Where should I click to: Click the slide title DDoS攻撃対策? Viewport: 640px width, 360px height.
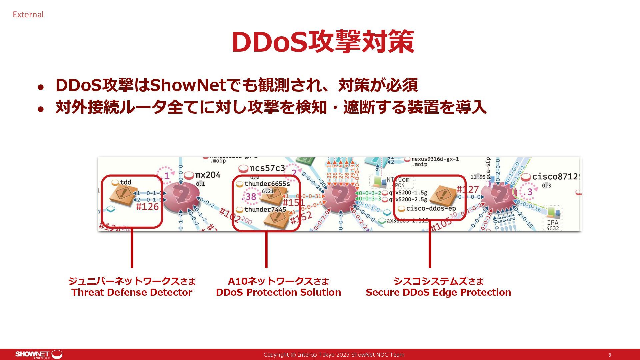pos(323,42)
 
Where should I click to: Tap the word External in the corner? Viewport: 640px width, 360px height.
pos(28,15)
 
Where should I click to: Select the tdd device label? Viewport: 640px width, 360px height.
pos(126,182)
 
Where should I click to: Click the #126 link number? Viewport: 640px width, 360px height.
pos(147,207)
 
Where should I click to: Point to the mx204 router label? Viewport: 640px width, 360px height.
pos(208,175)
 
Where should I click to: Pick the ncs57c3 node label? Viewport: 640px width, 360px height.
pos(267,168)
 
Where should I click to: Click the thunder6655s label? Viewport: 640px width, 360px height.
pos(267,184)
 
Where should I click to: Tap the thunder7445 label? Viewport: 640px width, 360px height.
pos(265,210)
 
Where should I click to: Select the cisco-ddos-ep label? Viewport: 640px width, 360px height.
pos(431,209)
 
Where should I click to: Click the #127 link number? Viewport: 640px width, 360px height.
pos(467,190)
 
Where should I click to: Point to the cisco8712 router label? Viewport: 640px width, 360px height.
pos(555,176)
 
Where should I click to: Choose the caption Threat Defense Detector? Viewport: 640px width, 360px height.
pos(132,292)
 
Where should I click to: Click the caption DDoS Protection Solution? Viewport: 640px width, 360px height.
pos(278,292)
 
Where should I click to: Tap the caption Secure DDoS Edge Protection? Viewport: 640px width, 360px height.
pos(438,292)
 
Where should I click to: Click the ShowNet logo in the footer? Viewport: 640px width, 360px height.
pos(38,354)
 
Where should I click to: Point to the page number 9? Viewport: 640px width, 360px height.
pos(610,355)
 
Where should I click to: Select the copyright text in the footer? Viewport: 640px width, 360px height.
pos(334,355)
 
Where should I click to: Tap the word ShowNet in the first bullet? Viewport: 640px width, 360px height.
pos(188,85)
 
